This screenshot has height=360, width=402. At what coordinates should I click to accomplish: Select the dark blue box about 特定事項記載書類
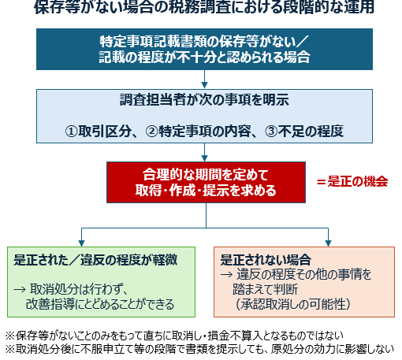coord(204,49)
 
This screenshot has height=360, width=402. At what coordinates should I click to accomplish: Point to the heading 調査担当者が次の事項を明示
coord(204,100)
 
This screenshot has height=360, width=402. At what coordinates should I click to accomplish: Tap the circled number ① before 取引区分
coord(71,132)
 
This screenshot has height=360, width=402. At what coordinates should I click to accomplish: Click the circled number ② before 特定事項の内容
coord(152,132)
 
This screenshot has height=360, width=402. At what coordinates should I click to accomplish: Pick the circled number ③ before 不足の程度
coord(271,132)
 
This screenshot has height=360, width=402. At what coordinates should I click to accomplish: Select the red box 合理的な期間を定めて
coord(206,182)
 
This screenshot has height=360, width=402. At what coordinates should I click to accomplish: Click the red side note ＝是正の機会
coord(352,182)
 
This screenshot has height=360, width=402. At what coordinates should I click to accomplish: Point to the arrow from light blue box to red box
coord(204,152)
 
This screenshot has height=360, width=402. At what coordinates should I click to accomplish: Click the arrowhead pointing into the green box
coord(81,243)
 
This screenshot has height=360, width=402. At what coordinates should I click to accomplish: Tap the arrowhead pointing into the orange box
coord(328,243)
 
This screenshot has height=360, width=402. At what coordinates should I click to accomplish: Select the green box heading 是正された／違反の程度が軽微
coord(95,260)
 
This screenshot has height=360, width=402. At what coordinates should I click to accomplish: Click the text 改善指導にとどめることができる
coord(100,304)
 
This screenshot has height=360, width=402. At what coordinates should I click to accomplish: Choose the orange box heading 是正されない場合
coord(266,260)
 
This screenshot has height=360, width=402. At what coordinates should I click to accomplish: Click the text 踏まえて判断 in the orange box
coord(266,289)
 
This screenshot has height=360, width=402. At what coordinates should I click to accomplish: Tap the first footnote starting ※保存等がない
coord(174,336)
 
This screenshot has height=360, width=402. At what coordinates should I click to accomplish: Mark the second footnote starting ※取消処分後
coord(199,349)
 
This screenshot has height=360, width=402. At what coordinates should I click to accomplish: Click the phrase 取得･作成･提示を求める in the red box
coord(206,191)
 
